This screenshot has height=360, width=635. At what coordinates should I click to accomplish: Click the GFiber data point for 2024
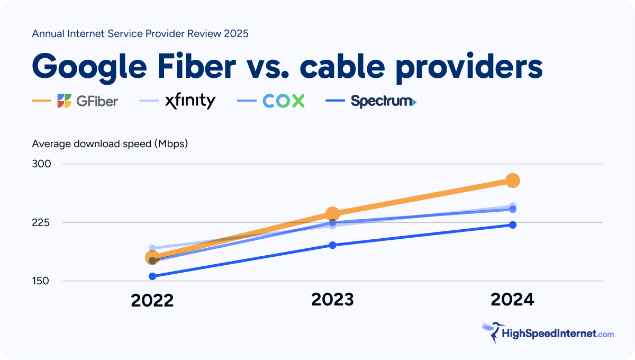(512, 181)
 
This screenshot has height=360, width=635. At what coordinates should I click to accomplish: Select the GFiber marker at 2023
(332, 214)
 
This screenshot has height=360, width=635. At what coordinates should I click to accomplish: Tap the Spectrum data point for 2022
(152, 276)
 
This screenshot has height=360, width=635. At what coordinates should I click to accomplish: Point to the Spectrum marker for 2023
(332, 245)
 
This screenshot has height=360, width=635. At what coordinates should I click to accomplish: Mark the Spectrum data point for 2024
(512, 225)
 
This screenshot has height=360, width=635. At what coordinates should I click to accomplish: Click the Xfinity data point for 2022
(152, 248)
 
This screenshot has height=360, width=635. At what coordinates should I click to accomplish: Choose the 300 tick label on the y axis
(41, 164)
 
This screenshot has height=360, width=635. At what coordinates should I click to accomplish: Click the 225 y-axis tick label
(41, 222)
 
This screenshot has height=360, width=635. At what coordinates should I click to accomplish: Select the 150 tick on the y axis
(41, 281)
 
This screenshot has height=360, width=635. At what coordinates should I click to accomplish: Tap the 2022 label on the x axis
(152, 301)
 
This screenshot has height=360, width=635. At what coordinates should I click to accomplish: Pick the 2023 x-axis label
(332, 300)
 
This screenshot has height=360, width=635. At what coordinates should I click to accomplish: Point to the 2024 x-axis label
(512, 300)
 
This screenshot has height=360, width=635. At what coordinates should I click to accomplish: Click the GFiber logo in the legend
(87, 101)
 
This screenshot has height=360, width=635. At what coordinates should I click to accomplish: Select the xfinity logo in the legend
(190, 101)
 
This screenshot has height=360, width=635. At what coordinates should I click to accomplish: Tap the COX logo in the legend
(284, 101)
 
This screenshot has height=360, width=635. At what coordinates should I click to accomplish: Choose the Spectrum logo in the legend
(383, 101)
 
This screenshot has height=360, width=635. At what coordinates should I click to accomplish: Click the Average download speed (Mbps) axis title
(110, 143)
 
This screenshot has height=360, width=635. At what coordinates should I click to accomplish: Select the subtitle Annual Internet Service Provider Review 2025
(140, 33)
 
